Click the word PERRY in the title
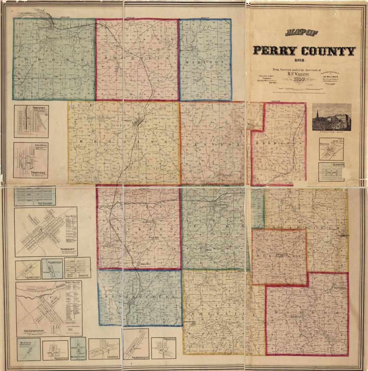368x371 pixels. click(275, 51)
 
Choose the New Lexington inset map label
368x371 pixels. click(34, 331)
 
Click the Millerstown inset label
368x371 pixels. click(78, 357)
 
